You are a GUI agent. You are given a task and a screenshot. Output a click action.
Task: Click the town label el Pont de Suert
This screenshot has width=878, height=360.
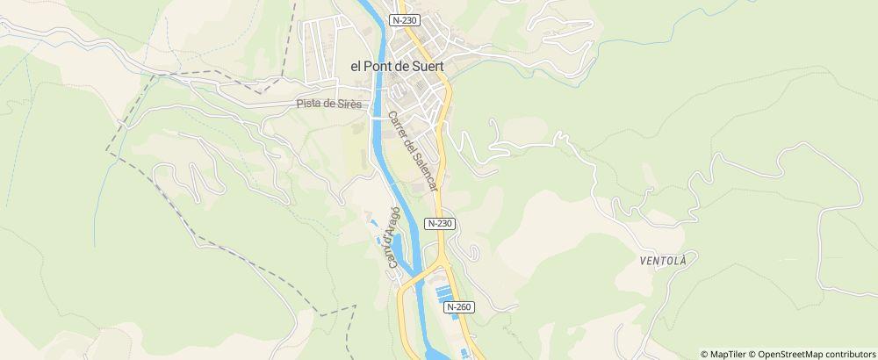[x=396, y=65]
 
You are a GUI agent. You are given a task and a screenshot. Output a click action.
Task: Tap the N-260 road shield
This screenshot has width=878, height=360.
[x=458, y=307]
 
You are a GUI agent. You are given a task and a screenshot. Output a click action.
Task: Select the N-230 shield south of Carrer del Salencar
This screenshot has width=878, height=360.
[x=440, y=224]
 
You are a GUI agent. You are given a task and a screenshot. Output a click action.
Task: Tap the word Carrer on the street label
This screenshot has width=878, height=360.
[x=398, y=126]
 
